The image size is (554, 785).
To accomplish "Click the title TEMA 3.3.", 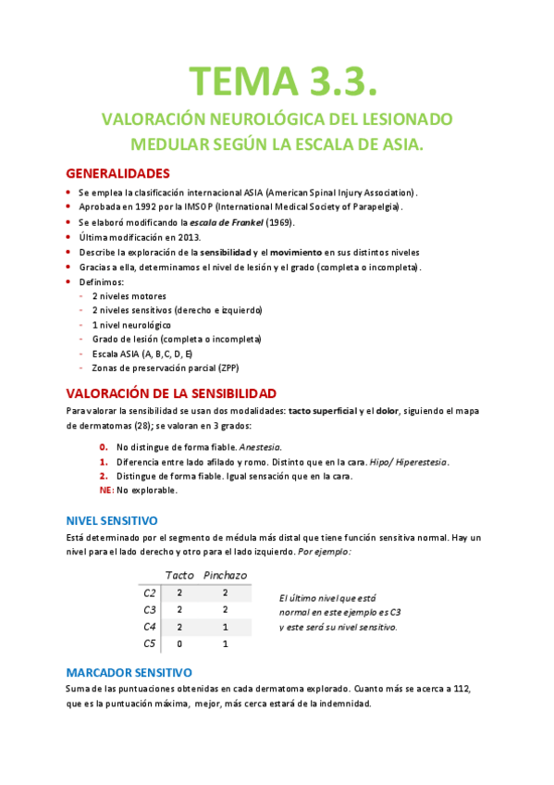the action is coord(283,80).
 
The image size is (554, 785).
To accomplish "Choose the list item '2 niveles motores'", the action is coord(129,296).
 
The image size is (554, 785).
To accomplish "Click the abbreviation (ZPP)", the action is coord(208,368).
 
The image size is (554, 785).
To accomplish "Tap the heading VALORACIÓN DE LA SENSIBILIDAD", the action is coord(171,392).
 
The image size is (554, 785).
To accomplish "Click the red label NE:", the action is coord(106,490).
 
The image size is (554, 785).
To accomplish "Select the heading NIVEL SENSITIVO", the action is coord(112,520).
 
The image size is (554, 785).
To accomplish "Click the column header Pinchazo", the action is coord(225,575).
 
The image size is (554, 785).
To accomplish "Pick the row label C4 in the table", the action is coord(150,626).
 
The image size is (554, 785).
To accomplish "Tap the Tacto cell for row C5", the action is coord(179,643).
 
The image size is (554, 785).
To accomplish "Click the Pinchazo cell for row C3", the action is coord(225,609).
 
